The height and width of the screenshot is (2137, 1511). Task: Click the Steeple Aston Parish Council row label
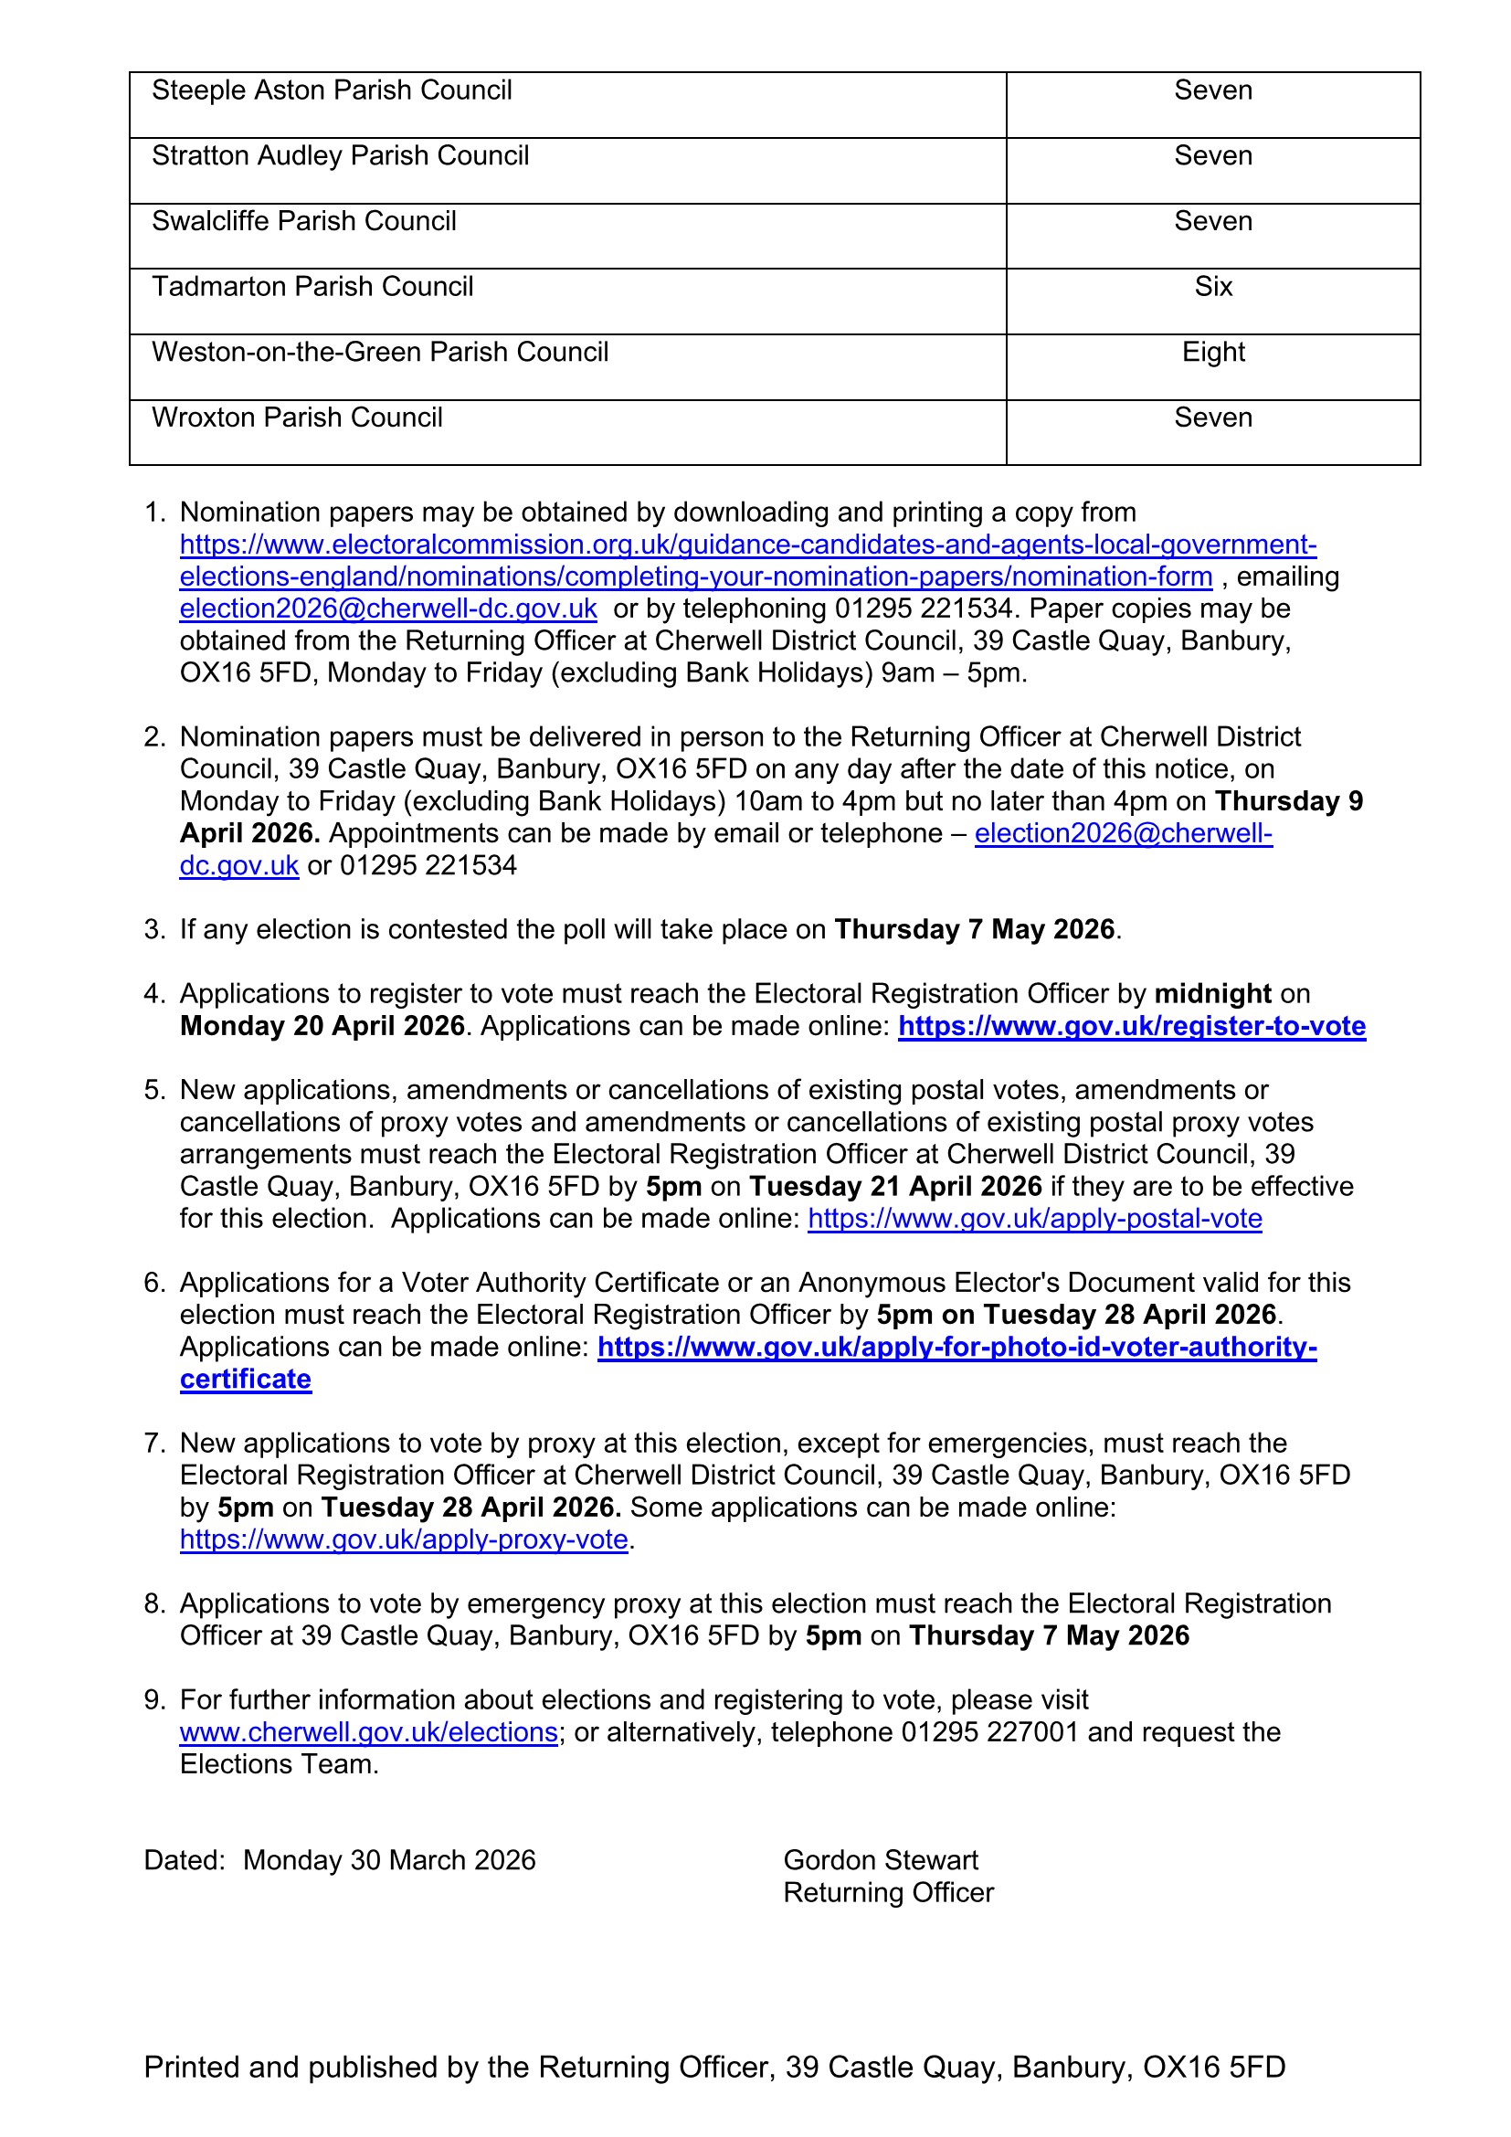pos(332,90)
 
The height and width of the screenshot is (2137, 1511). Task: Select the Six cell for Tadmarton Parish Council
pos(1212,287)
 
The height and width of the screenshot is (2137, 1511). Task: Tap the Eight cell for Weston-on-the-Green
pos(1212,352)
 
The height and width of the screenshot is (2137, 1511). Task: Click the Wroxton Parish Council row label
pos(297,417)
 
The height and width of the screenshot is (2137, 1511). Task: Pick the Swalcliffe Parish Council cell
pos(303,221)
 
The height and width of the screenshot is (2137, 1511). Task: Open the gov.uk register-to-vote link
pos(1131,1026)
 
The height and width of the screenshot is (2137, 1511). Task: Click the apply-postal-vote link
pos(1035,1219)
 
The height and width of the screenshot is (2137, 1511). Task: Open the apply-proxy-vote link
pos(404,1539)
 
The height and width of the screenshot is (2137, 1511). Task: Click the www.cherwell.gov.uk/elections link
pos(368,1732)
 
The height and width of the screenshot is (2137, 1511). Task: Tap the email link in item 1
pos(388,608)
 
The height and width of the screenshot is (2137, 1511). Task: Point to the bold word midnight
pos(1212,994)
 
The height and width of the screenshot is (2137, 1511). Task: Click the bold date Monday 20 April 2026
pos(322,1026)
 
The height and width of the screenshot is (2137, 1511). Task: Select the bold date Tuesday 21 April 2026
pos(895,1187)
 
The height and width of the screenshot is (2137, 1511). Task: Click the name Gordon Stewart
pos(880,1860)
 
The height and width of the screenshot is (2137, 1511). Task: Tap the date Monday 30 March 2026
pos(389,1860)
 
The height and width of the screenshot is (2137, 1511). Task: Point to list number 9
pos(153,1700)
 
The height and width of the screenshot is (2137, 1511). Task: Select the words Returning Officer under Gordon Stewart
pos(888,1893)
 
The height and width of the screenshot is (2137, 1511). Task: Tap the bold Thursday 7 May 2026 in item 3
pos(974,930)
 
